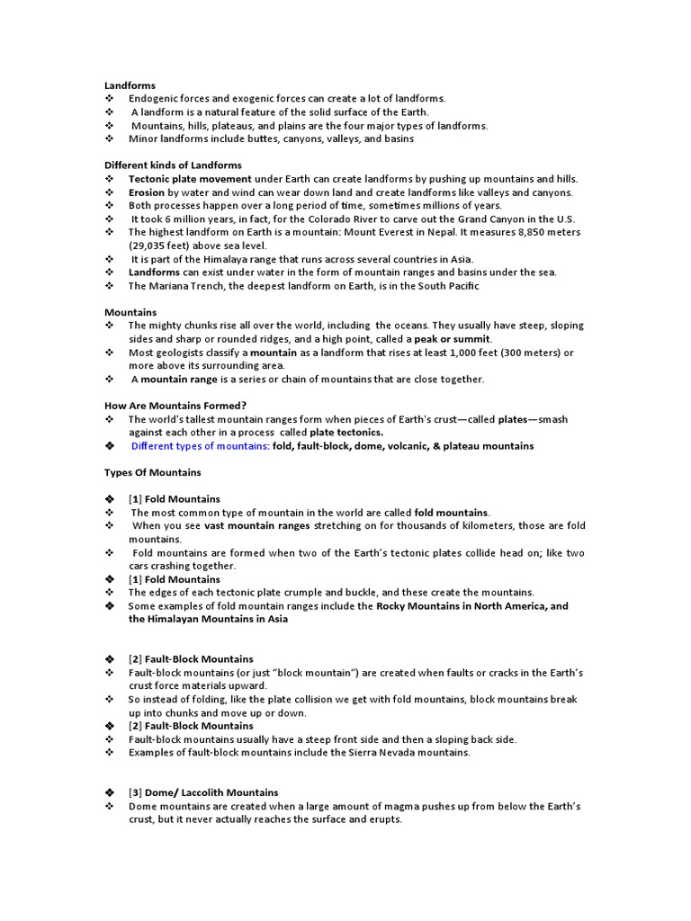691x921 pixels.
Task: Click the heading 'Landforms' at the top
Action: coord(130,85)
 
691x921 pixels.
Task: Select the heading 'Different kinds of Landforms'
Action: coord(173,165)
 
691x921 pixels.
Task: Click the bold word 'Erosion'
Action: coord(147,192)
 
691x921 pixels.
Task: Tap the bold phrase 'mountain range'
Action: coord(176,379)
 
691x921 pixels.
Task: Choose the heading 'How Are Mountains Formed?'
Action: coord(175,406)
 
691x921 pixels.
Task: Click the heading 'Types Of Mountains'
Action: coord(152,472)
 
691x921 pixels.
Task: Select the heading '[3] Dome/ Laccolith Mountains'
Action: coord(203,792)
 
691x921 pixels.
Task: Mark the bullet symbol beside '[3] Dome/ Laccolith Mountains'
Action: coord(110,792)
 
